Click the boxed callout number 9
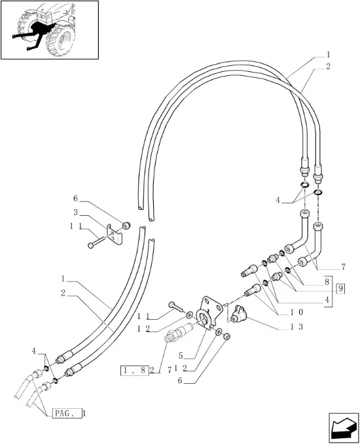[340, 289]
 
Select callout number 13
[297, 327]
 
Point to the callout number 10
[297, 313]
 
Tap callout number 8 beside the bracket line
[327, 282]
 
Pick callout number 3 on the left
[75, 213]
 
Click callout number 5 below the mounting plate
[181, 355]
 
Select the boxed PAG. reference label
[67, 413]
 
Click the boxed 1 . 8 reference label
[135, 370]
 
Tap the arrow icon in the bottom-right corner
[344, 428]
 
